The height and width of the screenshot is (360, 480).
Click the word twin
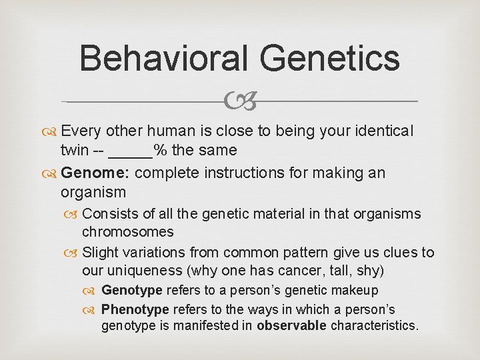pyautogui.click(x=73, y=151)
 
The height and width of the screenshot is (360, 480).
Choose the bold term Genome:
pyautogui.click(x=96, y=173)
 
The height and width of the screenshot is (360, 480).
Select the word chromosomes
pyautogui.click(x=127, y=232)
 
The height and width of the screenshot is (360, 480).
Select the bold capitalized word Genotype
pyautogui.click(x=131, y=291)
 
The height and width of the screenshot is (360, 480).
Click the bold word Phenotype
pyautogui.click(x=135, y=309)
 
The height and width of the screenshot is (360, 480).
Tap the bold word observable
pyautogui.click(x=291, y=326)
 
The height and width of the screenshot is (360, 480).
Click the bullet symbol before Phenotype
pyautogui.click(x=92, y=310)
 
